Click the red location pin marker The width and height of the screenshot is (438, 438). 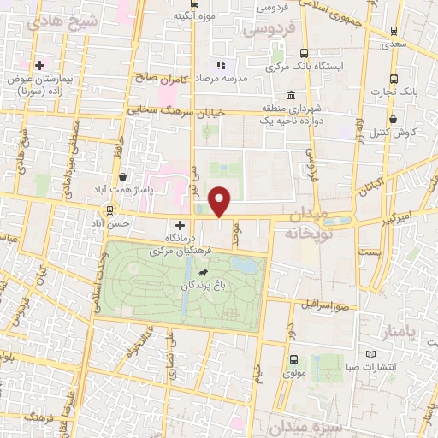pyautogui.click(x=221, y=201)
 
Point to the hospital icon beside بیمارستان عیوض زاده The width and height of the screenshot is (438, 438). pyautogui.click(x=39, y=65)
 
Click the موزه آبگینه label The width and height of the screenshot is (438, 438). pyautogui.click(x=193, y=15)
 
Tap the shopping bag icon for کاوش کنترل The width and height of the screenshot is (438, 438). pyautogui.click(x=393, y=119)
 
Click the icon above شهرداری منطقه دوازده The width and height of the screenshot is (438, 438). pyautogui.click(x=293, y=94)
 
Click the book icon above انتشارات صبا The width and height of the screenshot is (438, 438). pyautogui.click(x=370, y=353)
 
